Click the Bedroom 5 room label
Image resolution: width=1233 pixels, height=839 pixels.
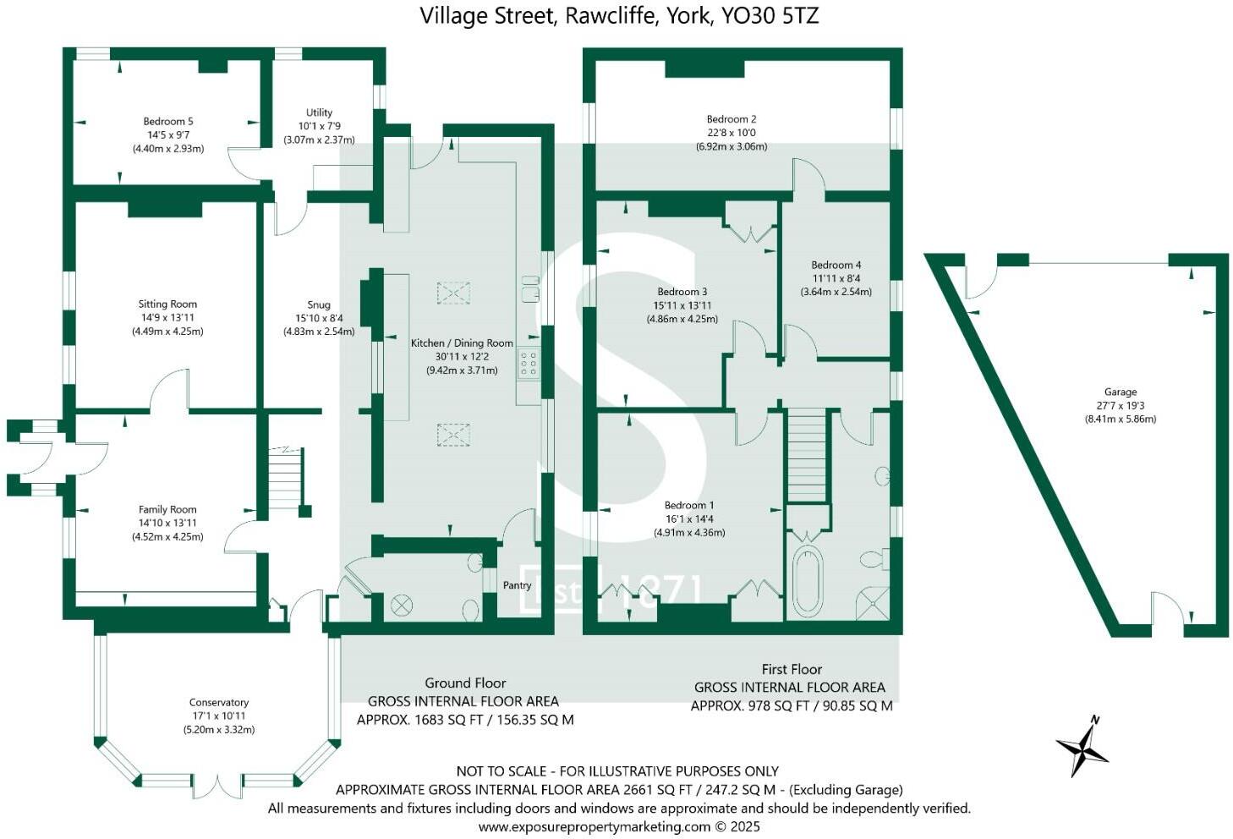(x=167, y=122)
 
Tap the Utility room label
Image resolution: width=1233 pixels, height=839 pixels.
(x=319, y=112)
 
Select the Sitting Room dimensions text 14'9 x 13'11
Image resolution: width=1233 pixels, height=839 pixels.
(x=167, y=318)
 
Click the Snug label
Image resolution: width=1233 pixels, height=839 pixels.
(x=319, y=305)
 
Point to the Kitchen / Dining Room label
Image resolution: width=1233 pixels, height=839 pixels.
(x=462, y=343)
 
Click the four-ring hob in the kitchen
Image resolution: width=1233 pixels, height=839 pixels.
(x=529, y=364)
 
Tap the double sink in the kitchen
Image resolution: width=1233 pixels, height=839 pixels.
(x=530, y=288)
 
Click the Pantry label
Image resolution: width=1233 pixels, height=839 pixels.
(x=517, y=585)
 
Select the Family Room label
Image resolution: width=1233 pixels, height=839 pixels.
(x=167, y=510)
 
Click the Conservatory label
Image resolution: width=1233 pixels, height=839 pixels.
(x=219, y=703)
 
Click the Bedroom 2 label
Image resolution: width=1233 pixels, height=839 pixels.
(x=732, y=119)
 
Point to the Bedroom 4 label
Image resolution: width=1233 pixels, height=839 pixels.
(x=836, y=265)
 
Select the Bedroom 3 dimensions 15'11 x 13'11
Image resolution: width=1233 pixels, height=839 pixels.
(x=682, y=306)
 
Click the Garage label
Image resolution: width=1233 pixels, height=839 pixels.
(x=1120, y=392)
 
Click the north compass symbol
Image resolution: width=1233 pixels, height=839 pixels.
(x=1082, y=747)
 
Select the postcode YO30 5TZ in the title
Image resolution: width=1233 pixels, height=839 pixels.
(x=770, y=15)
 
